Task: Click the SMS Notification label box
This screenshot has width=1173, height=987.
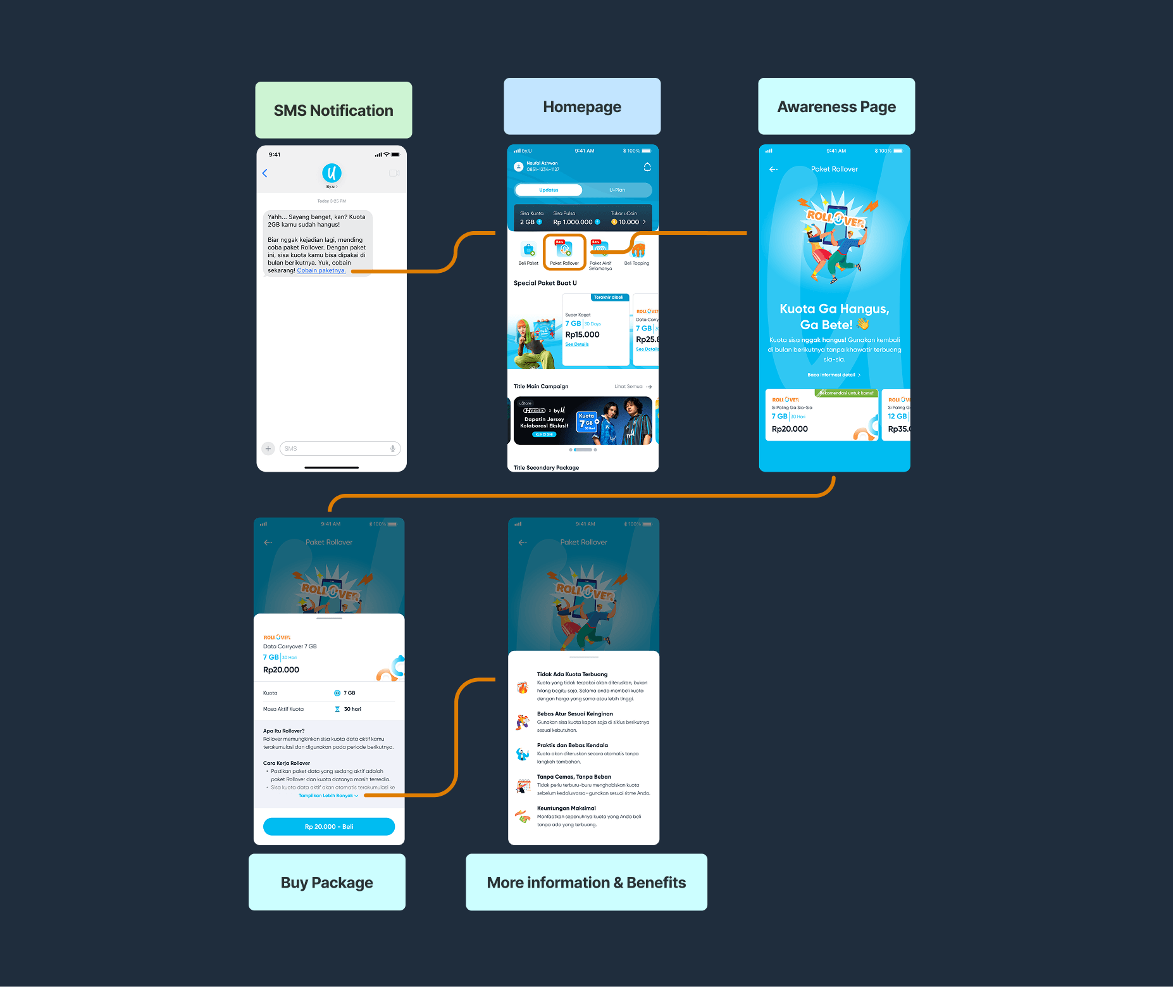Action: [x=333, y=110]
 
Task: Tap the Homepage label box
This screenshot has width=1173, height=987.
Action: [x=582, y=106]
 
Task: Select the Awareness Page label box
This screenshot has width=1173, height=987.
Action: [x=836, y=106]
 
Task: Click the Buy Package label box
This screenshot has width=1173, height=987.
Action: [x=326, y=882]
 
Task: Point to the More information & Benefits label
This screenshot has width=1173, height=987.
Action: [x=586, y=882]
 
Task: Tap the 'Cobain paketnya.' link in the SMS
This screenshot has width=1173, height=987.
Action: [x=321, y=270]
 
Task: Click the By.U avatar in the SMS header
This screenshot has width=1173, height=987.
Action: [x=332, y=172]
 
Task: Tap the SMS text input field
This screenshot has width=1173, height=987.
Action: [x=339, y=448]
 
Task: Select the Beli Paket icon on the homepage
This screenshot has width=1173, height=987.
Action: [x=528, y=252]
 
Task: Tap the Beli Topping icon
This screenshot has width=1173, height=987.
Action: [x=637, y=252]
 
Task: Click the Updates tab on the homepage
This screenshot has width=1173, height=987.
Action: [x=549, y=190]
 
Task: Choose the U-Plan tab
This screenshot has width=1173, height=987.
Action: [x=617, y=190]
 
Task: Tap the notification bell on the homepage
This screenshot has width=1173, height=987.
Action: [x=647, y=167]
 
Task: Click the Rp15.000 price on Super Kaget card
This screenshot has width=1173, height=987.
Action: [x=582, y=335]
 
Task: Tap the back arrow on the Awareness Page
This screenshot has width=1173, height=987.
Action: [x=773, y=169]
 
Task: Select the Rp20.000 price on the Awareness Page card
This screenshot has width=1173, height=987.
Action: [x=790, y=429]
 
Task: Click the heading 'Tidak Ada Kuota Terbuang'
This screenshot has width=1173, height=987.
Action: [x=572, y=674]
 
